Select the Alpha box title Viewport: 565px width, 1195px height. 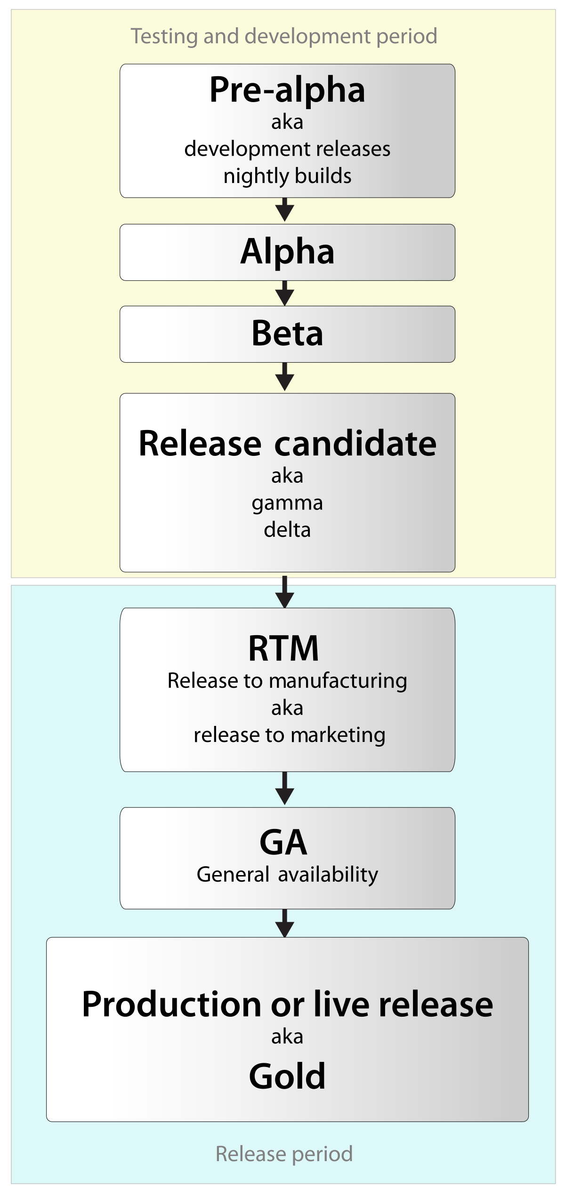287,252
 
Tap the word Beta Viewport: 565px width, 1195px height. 287,334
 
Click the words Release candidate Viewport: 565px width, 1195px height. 287,443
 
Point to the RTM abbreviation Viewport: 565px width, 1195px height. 283,648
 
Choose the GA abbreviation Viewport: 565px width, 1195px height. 283,842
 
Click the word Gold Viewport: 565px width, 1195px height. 287,1076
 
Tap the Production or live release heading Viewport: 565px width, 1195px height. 287,1004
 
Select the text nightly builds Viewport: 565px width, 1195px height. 287,176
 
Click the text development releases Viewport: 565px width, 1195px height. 287,149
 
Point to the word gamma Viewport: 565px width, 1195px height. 287,503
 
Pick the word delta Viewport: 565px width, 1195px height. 287,530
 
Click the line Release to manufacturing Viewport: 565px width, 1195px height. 287,681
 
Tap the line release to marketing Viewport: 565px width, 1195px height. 289,735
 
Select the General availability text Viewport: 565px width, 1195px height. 287,874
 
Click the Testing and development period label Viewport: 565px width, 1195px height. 284,36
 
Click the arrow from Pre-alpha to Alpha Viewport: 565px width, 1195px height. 284,210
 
